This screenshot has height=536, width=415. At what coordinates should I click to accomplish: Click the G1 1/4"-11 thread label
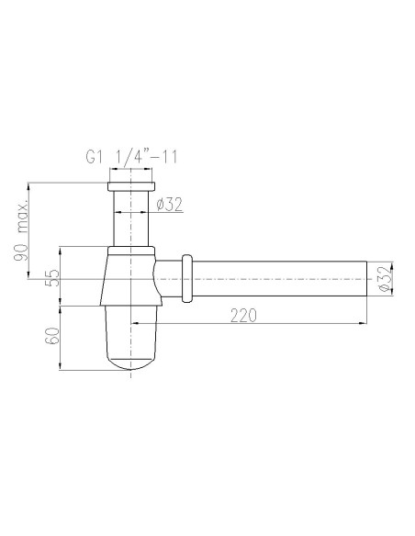(131, 157)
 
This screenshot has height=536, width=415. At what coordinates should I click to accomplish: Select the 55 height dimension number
(52, 277)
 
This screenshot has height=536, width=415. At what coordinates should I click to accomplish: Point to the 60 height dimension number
(52, 335)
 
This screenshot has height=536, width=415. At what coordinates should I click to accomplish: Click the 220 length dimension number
(243, 316)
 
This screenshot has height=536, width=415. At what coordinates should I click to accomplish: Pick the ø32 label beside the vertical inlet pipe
(170, 205)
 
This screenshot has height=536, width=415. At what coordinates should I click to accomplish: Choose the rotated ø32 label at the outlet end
(384, 279)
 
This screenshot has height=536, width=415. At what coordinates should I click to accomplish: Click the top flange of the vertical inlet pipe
(131, 186)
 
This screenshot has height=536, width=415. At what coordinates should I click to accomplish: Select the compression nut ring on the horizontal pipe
(186, 279)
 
